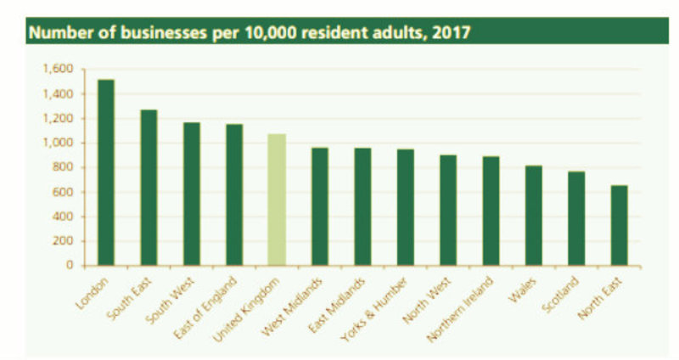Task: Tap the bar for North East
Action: [619, 225]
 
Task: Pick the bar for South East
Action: [149, 188]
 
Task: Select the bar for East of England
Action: [234, 194]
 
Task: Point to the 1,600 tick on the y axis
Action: [63, 69]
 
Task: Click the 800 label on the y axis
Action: [68, 167]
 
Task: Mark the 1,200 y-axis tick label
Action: [63, 118]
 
